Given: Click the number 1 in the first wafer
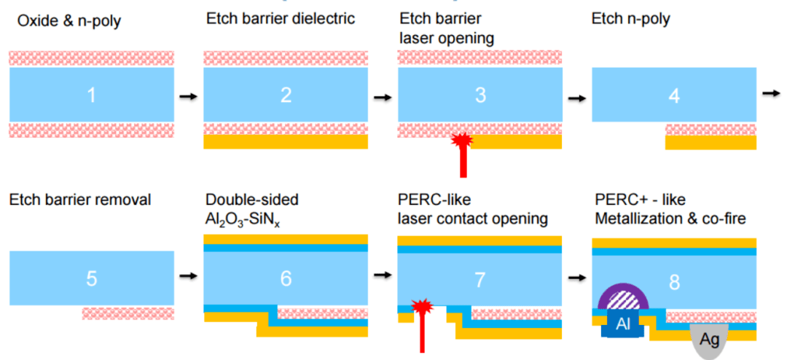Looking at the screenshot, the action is (91, 95).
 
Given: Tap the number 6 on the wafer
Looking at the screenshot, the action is (286, 278).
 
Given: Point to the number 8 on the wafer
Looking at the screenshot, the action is (675, 283).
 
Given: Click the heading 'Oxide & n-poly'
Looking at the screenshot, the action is (69, 22).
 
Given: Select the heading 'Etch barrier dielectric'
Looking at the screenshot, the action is (281, 19).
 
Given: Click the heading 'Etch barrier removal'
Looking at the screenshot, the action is (80, 200).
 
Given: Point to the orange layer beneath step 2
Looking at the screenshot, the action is (286, 141).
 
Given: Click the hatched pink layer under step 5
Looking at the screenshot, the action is (128, 314).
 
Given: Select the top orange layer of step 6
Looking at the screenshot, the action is (286, 239).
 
